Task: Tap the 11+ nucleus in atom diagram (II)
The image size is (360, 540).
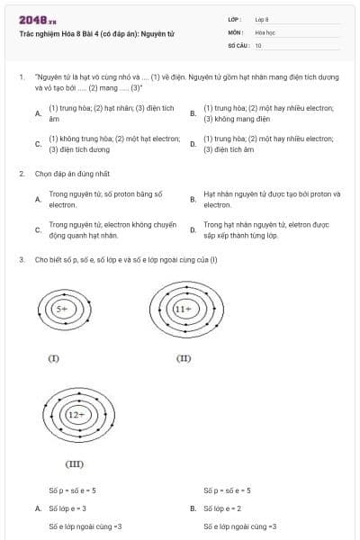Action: [x=184, y=309]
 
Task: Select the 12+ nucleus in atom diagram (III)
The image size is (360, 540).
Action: [x=75, y=415]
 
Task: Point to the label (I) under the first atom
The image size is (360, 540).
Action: [x=53, y=358]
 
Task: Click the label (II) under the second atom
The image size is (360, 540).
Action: [x=184, y=358]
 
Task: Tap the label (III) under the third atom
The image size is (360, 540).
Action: [x=75, y=463]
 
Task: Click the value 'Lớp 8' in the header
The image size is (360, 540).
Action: [x=262, y=19]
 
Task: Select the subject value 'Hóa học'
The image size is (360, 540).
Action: [x=265, y=31]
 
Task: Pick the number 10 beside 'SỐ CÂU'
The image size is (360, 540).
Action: [x=258, y=44]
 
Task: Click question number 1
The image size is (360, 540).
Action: [x=21, y=77]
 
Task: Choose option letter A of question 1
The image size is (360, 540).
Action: [x=38, y=113]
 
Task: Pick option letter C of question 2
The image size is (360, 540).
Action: [x=38, y=229]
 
